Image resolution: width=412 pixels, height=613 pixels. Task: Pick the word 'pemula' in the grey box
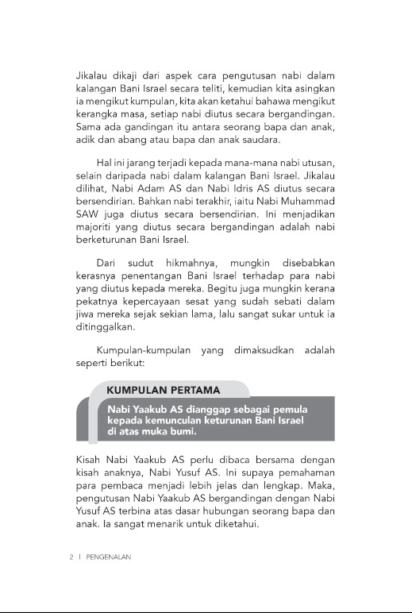point(289,409)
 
